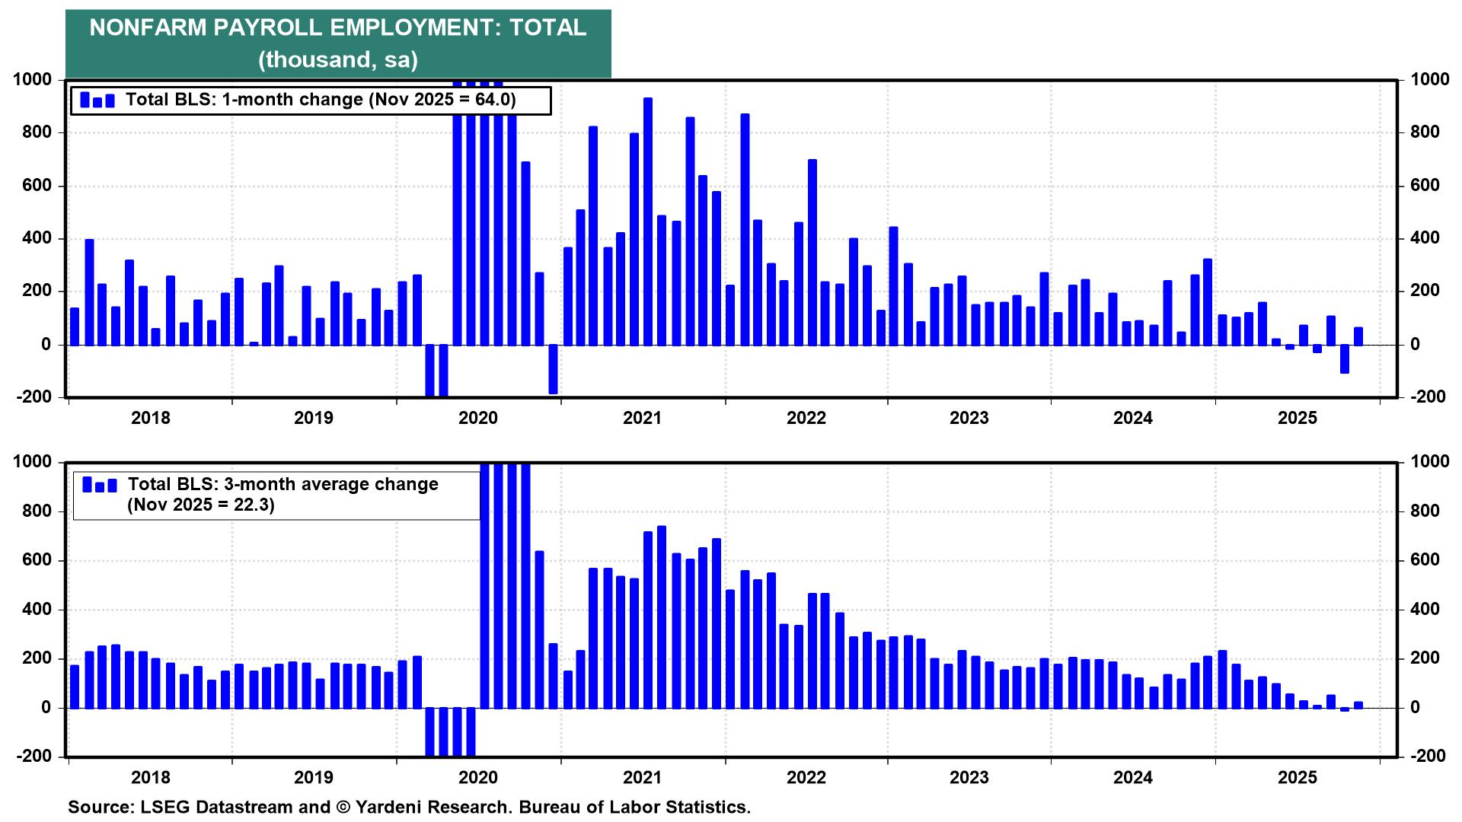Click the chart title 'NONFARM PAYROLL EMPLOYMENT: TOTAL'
pos(337,28)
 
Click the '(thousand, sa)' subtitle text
pos(337,59)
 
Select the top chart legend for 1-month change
pos(311,100)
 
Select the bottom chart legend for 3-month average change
pos(276,495)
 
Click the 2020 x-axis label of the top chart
pos(478,418)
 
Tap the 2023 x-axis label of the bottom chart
pos(969,778)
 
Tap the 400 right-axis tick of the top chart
pos(1425,238)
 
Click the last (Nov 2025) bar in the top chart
pos(1358,336)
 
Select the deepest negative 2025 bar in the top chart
pos(1345,358)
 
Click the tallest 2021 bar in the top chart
pos(648,221)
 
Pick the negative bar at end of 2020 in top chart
pos(553,369)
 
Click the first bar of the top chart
pos(75,327)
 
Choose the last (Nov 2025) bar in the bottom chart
pos(1358,705)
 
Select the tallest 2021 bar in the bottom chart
pos(662,616)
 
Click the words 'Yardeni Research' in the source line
pos(433,808)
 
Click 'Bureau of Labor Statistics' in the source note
pos(634,808)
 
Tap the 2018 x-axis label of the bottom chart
pos(151,778)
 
